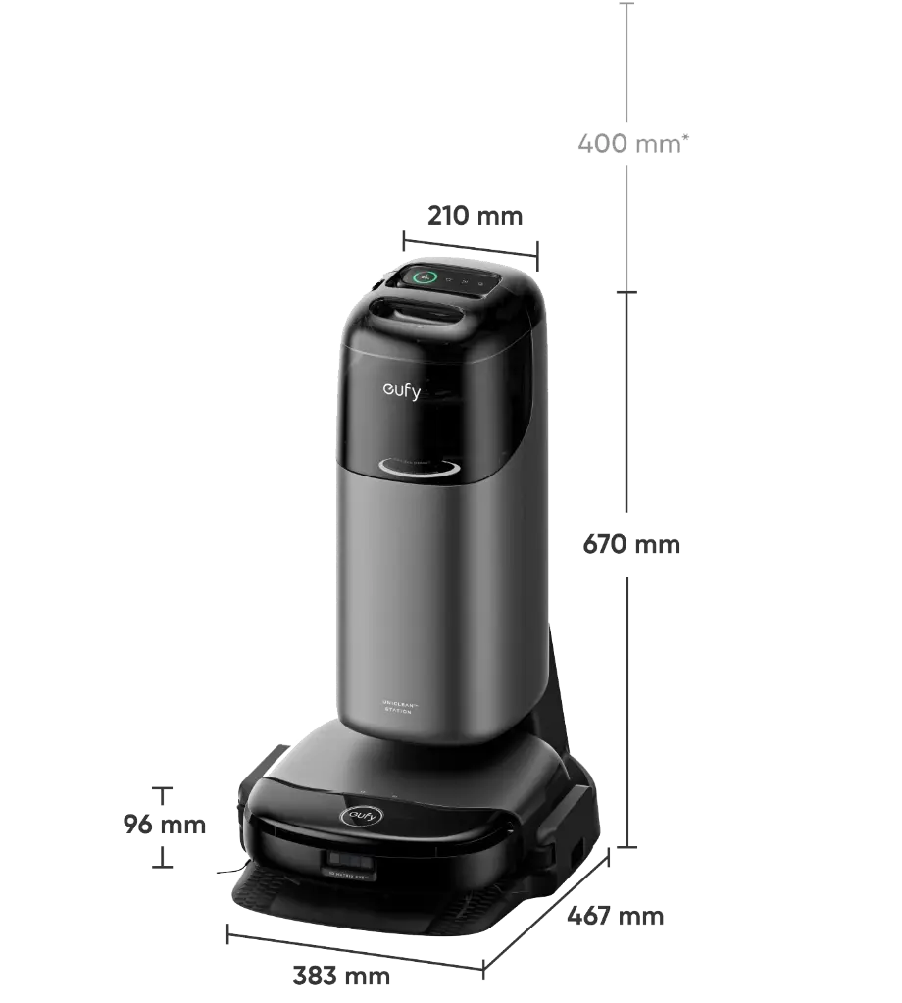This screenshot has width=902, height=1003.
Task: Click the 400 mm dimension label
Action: pyautogui.click(x=628, y=145)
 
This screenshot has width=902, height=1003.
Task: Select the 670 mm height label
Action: pyautogui.click(x=630, y=545)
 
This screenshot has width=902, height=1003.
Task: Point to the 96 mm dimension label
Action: pyautogui.click(x=164, y=826)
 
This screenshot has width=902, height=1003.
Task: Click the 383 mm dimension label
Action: pyautogui.click(x=341, y=977)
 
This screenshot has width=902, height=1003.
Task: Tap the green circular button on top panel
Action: pyautogui.click(x=425, y=277)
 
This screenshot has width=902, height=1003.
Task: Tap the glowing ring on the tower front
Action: pyautogui.click(x=418, y=470)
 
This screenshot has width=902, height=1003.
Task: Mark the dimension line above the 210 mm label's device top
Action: pyautogui.click(x=470, y=245)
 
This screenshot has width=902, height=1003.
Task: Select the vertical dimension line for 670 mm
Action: pyautogui.click(x=628, y=686)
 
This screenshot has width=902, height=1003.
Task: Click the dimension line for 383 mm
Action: pyautogui.click(x=353, y=950)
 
